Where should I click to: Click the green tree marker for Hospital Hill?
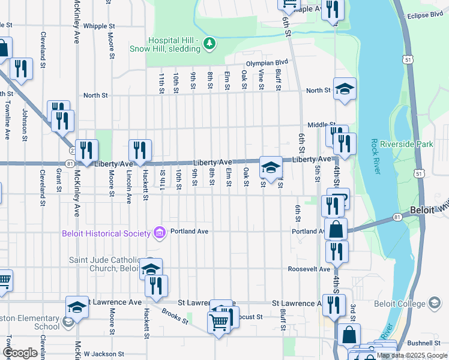[209, 43]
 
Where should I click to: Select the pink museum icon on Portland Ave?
[159, 232]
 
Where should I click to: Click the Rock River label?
[375, 157]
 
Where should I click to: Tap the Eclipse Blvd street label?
[427, 16]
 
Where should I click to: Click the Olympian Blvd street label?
[267, 62]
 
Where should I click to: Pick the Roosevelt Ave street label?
[309, 269]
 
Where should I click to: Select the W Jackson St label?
[103, 355]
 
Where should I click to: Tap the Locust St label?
[251, 316]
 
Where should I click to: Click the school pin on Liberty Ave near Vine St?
[271, 167]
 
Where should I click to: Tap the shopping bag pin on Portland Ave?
[337, 229]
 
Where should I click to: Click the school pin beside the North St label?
[345, 89]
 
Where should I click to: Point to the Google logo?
[20, 353]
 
